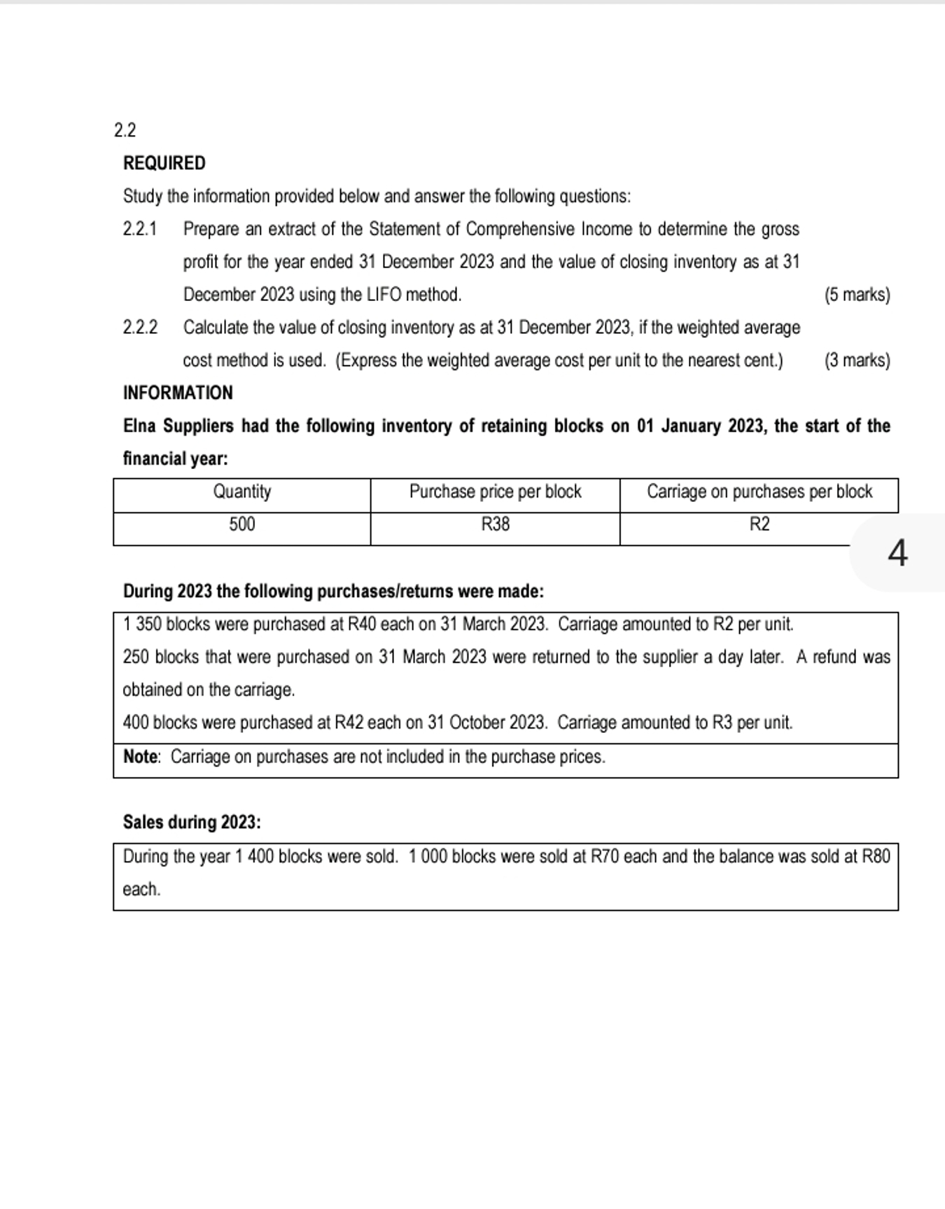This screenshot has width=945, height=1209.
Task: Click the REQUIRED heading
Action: (164, 163)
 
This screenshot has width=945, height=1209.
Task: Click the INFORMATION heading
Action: (178, 393)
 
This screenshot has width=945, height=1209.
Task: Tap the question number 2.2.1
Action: (140, 229)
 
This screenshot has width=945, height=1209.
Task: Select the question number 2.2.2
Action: (140, 328)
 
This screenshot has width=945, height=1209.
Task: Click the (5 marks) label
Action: (857, 295)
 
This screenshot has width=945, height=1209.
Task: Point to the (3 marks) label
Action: (857, 361)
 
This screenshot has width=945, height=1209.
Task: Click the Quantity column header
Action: (241, 491)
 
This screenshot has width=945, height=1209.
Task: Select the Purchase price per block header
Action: (495, 491)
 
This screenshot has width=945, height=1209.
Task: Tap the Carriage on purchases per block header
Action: (759, 491)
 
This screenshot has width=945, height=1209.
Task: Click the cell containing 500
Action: (241, 524)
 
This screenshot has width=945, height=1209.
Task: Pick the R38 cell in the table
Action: (495, 524)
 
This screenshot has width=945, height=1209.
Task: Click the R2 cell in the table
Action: (759, 524)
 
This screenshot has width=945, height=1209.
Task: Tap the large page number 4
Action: (897, 553)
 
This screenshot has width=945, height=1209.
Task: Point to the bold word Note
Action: (141, 757)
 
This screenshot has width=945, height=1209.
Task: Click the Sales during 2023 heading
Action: (192, 822)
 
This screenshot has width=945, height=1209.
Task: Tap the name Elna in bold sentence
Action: (140, 426)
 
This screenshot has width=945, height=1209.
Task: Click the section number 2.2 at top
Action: (125, 130)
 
